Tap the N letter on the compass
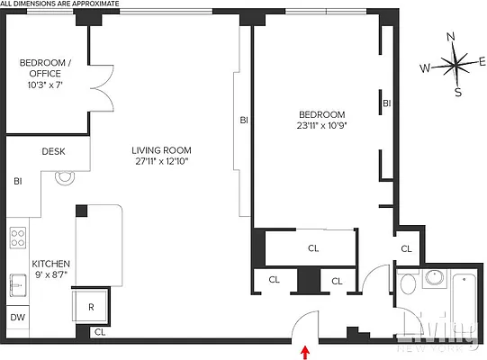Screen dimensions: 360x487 click(x=452, y=37)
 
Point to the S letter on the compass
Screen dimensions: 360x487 click(x=457, y=92)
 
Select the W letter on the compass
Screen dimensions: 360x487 click(x=423, y=68)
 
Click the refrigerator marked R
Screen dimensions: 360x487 click(x=91, y=306)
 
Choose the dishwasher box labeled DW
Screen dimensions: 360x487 click(x=17, y=318)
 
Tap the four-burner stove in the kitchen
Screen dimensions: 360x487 click(x=17, y=238)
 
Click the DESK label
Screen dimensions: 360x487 click(x=53, y=152)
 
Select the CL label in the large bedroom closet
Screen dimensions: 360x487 click(x=313, y=247)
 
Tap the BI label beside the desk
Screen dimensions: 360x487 click(x=17, y=181)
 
